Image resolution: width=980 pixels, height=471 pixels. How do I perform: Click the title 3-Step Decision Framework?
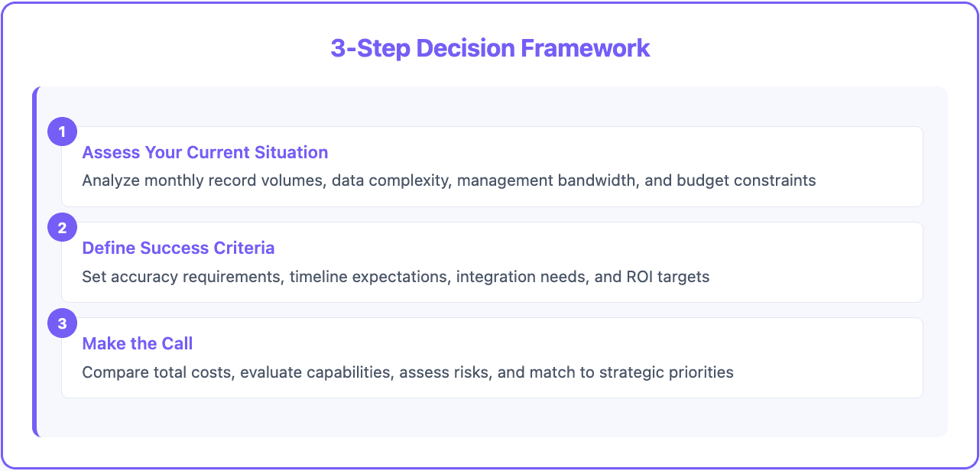point(490,48)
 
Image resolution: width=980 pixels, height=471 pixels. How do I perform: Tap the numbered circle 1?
point(62,132)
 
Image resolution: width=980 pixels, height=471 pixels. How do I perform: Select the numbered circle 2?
point(62,227)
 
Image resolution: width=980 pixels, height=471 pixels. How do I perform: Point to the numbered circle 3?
point(62,323)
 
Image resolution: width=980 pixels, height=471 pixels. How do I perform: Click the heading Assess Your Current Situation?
point(205,152)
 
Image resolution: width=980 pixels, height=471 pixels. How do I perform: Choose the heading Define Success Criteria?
point(178,248)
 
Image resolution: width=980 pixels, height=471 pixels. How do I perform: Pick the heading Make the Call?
point(138,343)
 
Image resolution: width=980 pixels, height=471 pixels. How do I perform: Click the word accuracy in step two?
point(145,277)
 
